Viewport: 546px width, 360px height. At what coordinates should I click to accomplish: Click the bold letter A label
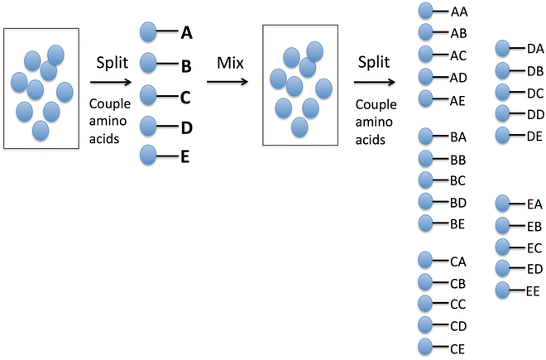pos(186,33)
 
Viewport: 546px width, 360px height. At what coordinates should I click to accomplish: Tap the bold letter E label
pos(186,155)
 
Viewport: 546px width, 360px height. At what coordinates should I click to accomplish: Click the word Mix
pos(227,64)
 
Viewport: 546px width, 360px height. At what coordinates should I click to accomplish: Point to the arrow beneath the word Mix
pos(228,82)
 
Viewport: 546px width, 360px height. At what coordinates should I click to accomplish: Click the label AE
pos(458,99)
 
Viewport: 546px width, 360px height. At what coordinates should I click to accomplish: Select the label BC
pos(458,180)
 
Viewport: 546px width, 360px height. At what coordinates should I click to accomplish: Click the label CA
pos(458,262)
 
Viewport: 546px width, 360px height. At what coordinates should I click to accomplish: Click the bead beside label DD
pos(505,113)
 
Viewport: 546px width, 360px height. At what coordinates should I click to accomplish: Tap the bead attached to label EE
pos(505,290)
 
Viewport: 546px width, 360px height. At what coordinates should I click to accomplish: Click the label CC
pos(458,303)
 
